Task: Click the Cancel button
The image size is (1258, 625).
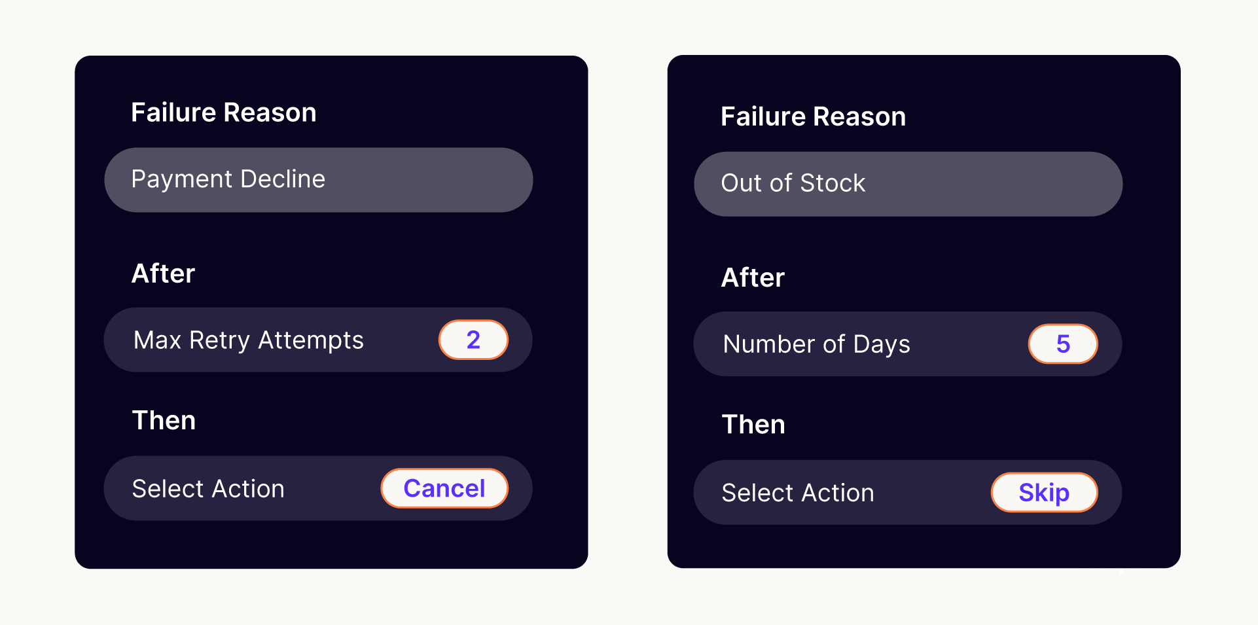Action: click(444, 488)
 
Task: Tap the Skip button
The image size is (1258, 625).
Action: click(1044, 492)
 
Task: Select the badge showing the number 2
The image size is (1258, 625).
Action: click(473, 340)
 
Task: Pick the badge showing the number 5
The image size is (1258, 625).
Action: click(1063, 344)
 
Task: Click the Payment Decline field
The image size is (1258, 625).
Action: click(319, 180)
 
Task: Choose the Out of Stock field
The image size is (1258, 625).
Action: click(908, 184)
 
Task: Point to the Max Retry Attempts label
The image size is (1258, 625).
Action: click(248, 340)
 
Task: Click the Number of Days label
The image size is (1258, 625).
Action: click(816, 344)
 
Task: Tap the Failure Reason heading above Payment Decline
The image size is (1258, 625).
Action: click(224, 113)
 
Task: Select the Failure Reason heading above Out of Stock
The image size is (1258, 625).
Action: click(814, 116)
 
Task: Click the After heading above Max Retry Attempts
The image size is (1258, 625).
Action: click(164, 274)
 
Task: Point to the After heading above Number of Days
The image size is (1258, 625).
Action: click(753, 277)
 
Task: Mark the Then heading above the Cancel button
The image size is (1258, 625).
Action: click(164, 420)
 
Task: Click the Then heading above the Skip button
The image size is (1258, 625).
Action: click(753, 424)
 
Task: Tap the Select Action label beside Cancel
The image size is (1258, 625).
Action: click(208, 489)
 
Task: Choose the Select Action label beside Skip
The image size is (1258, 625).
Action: click(798, 493)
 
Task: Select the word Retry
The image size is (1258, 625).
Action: click(220, 341)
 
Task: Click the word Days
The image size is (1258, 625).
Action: click(882, 345)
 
